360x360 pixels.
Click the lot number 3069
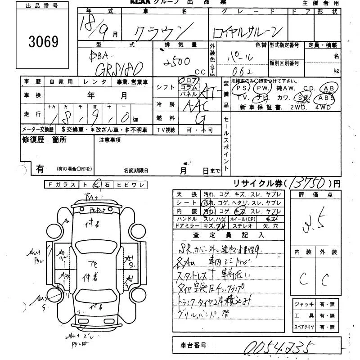tap(44, 42)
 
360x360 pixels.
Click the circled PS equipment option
tap(243, 88)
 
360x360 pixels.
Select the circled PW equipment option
tap(263, 88)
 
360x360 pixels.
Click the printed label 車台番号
tap(191, 345)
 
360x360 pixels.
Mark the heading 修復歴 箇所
tap(45, 140)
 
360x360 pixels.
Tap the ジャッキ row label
tap(303, 304)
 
